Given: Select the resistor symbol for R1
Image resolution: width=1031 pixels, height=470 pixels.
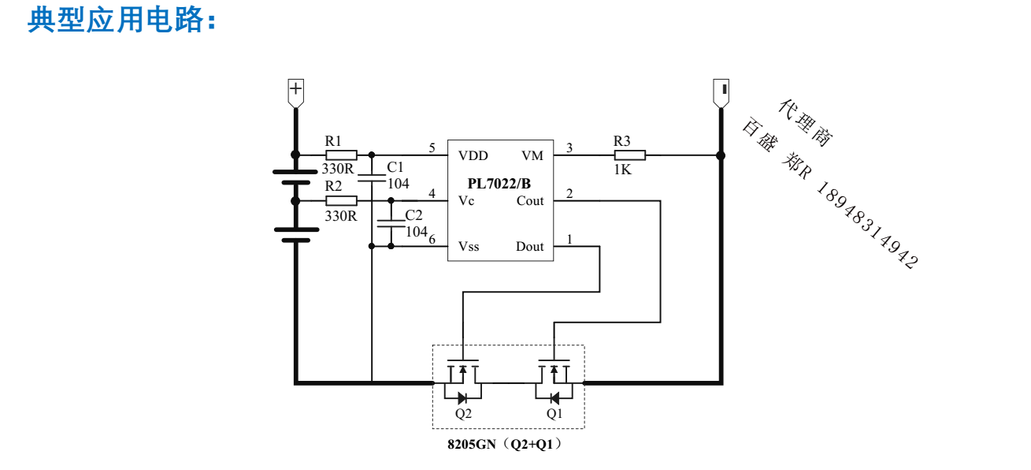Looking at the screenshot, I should point(341,155).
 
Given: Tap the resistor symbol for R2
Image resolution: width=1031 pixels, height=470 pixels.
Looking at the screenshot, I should point(341,201).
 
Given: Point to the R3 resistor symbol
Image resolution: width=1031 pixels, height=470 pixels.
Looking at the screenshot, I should point(629,155).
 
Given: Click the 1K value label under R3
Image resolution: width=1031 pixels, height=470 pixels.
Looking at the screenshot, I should point(622,170).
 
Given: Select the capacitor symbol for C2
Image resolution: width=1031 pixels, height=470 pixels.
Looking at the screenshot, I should point(391,222).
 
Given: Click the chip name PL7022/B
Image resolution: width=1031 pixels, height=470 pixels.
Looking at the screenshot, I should point(499,183).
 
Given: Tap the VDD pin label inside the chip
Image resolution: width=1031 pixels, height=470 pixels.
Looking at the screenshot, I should point(473,155).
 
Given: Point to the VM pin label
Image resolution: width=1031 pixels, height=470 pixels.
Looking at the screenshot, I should point(532,155).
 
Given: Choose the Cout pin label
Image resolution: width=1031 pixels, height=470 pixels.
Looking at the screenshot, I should point(530,201).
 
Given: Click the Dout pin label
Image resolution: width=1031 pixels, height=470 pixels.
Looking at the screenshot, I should point(530,247).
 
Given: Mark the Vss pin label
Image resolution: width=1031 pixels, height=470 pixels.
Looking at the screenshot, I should point(469,247).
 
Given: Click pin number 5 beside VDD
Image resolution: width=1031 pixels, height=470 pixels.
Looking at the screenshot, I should point(432,147).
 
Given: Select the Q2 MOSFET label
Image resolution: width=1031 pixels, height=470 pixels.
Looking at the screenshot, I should point(463,413).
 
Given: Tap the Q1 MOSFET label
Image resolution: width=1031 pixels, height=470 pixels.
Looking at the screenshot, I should point(554,413).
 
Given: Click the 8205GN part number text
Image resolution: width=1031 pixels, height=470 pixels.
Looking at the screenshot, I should point(472,445).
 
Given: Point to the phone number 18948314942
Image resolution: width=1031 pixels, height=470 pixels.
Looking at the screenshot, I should point(867,226).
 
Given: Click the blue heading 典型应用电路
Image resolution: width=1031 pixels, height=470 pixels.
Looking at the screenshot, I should point(122,20).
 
